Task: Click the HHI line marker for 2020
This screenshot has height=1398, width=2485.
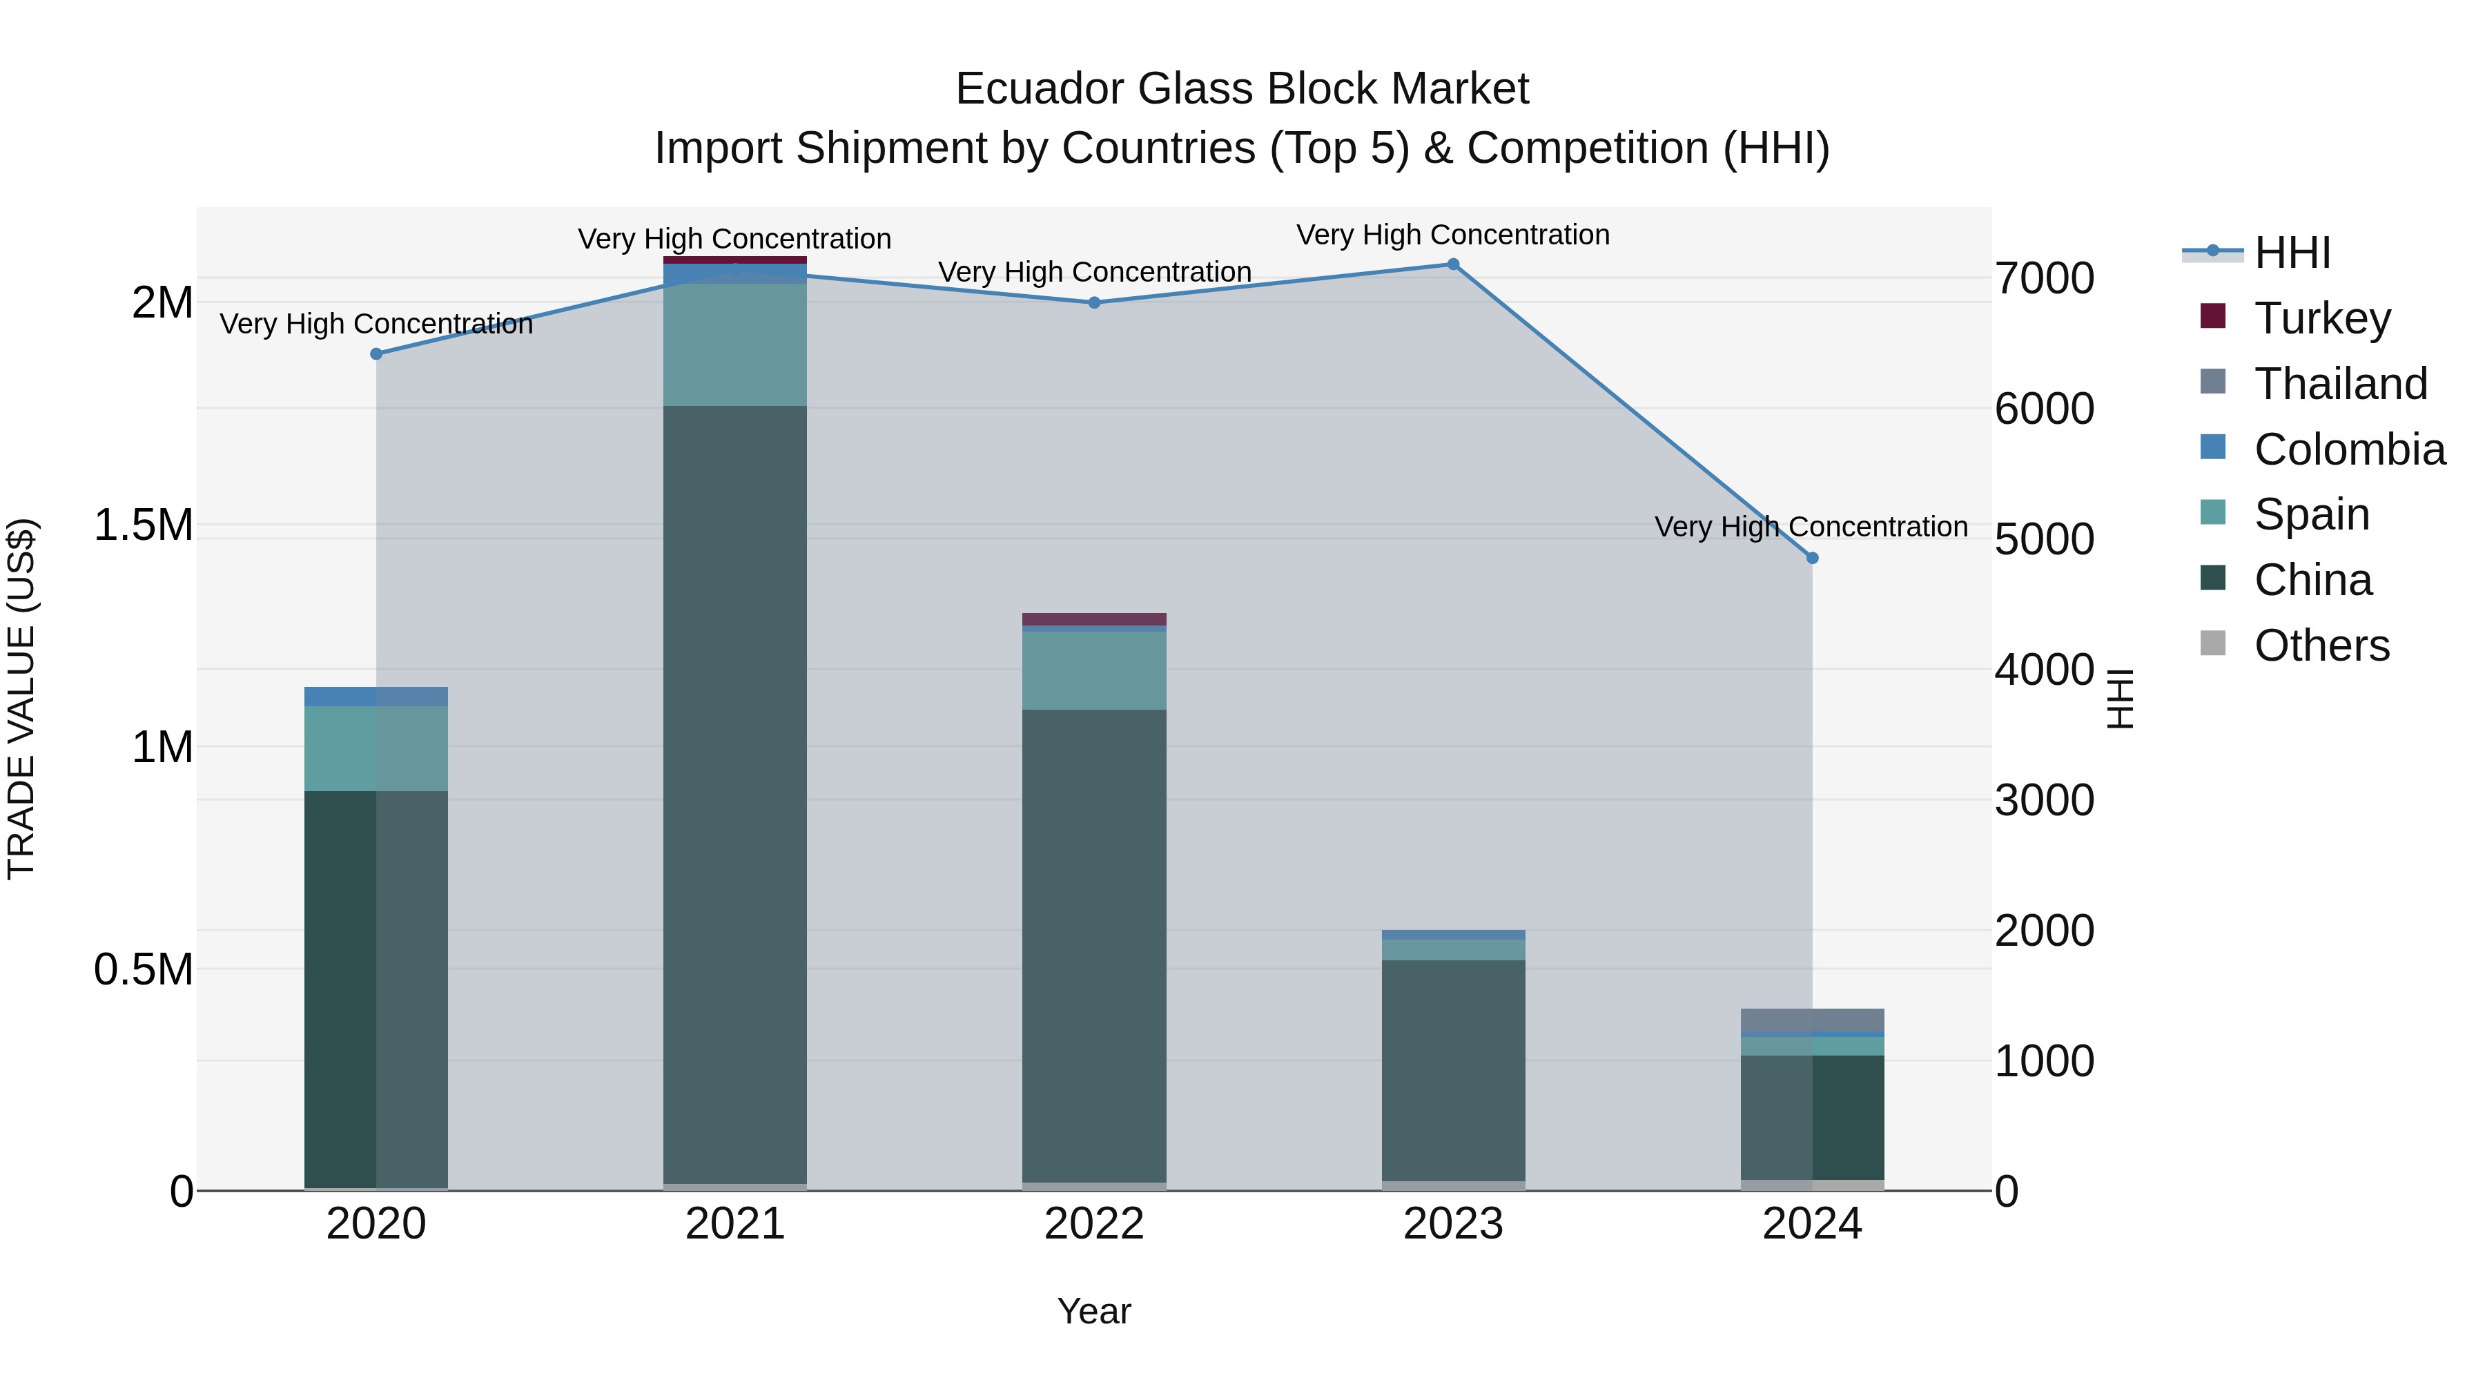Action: pos(376,354)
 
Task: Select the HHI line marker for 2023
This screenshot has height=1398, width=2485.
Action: pos(1453,264)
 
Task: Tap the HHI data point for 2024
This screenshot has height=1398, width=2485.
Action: pos(1812,558)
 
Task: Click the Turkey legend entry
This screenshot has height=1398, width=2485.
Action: pos(2322,318)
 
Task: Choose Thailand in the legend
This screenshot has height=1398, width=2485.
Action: pos(2340,384)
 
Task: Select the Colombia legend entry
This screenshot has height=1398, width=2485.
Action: pos(2349,449)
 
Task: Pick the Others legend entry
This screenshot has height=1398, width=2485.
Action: pos(2321,645)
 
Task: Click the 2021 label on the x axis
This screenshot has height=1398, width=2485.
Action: pos(735,1224)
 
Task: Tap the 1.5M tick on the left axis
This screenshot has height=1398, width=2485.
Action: pos(143,526)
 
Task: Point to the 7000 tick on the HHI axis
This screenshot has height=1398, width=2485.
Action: pos(2044,279)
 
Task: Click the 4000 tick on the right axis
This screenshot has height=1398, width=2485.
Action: pos(2044,670)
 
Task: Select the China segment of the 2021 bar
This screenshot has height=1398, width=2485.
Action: pos(735,791)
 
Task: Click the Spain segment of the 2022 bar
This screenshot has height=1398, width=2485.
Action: pos(1094,670)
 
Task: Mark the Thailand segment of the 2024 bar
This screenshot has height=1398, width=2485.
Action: pos(1812,1020)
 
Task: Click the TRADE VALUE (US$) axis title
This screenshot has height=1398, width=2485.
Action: pos(21,699)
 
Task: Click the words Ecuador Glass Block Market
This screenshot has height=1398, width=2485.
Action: pos(1242,89)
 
